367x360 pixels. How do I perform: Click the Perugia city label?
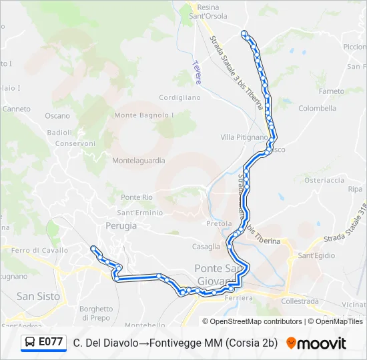coord(121,226)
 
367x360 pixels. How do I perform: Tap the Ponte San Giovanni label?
coord(220,273)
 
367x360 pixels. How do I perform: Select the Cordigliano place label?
coord(179,97)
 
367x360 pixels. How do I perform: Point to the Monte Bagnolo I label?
coord(144,115)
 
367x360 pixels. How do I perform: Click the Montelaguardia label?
coord(138,161)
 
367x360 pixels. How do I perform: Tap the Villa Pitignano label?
coord(244,137)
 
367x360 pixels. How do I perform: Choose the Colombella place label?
coord(318,108)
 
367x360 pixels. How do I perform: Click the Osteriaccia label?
coord(324,180)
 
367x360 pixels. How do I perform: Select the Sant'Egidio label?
coord(316,255)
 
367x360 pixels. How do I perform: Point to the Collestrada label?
coord(301,301)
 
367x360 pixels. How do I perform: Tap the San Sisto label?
coord(38,296)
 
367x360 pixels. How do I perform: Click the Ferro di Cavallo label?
coord(39,251)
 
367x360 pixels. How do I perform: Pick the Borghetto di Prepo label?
coord(96,313)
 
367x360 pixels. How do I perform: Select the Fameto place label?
coord(332,91)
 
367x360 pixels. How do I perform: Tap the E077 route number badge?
coord(51,343)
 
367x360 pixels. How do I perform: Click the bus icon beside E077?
coord(31,343)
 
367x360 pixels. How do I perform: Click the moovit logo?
coord(316,343)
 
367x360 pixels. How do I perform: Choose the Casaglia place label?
coord(206,247)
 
